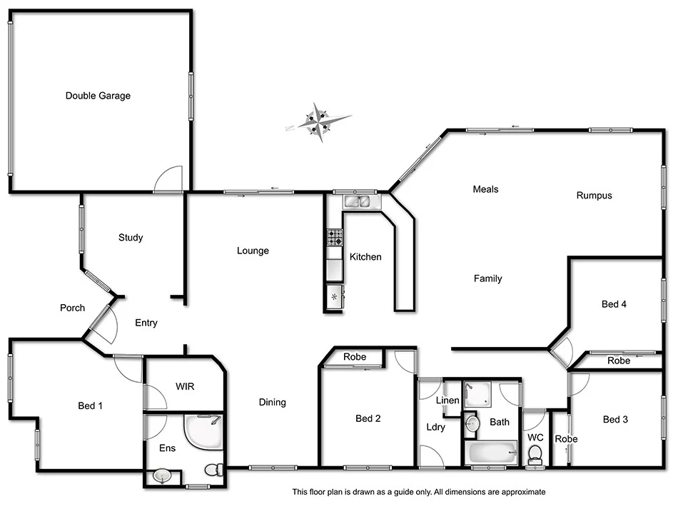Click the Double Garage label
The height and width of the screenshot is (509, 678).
[98, 96]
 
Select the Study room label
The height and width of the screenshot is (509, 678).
[131, 238]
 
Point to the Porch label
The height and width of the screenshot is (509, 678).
[72, 308]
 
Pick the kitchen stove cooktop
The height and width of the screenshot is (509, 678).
[335, 237]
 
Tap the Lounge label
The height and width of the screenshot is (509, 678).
[253, 251]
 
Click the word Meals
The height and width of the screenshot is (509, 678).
[485, 189]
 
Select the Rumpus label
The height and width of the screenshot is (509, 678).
[594, 196]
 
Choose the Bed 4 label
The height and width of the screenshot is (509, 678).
[614, 304]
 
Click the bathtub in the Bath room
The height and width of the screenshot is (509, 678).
[490, 452]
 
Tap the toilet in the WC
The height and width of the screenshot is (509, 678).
[534, 454]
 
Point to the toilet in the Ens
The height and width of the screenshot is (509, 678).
[213, 470]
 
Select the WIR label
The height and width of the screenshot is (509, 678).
[186, 387]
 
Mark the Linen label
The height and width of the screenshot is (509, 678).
[447, 400]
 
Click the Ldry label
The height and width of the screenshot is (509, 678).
[435, 428]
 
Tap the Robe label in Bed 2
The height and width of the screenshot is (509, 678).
[355, 357]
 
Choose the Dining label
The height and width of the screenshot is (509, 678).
[272, 403]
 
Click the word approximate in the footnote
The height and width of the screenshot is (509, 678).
[523, 492]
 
